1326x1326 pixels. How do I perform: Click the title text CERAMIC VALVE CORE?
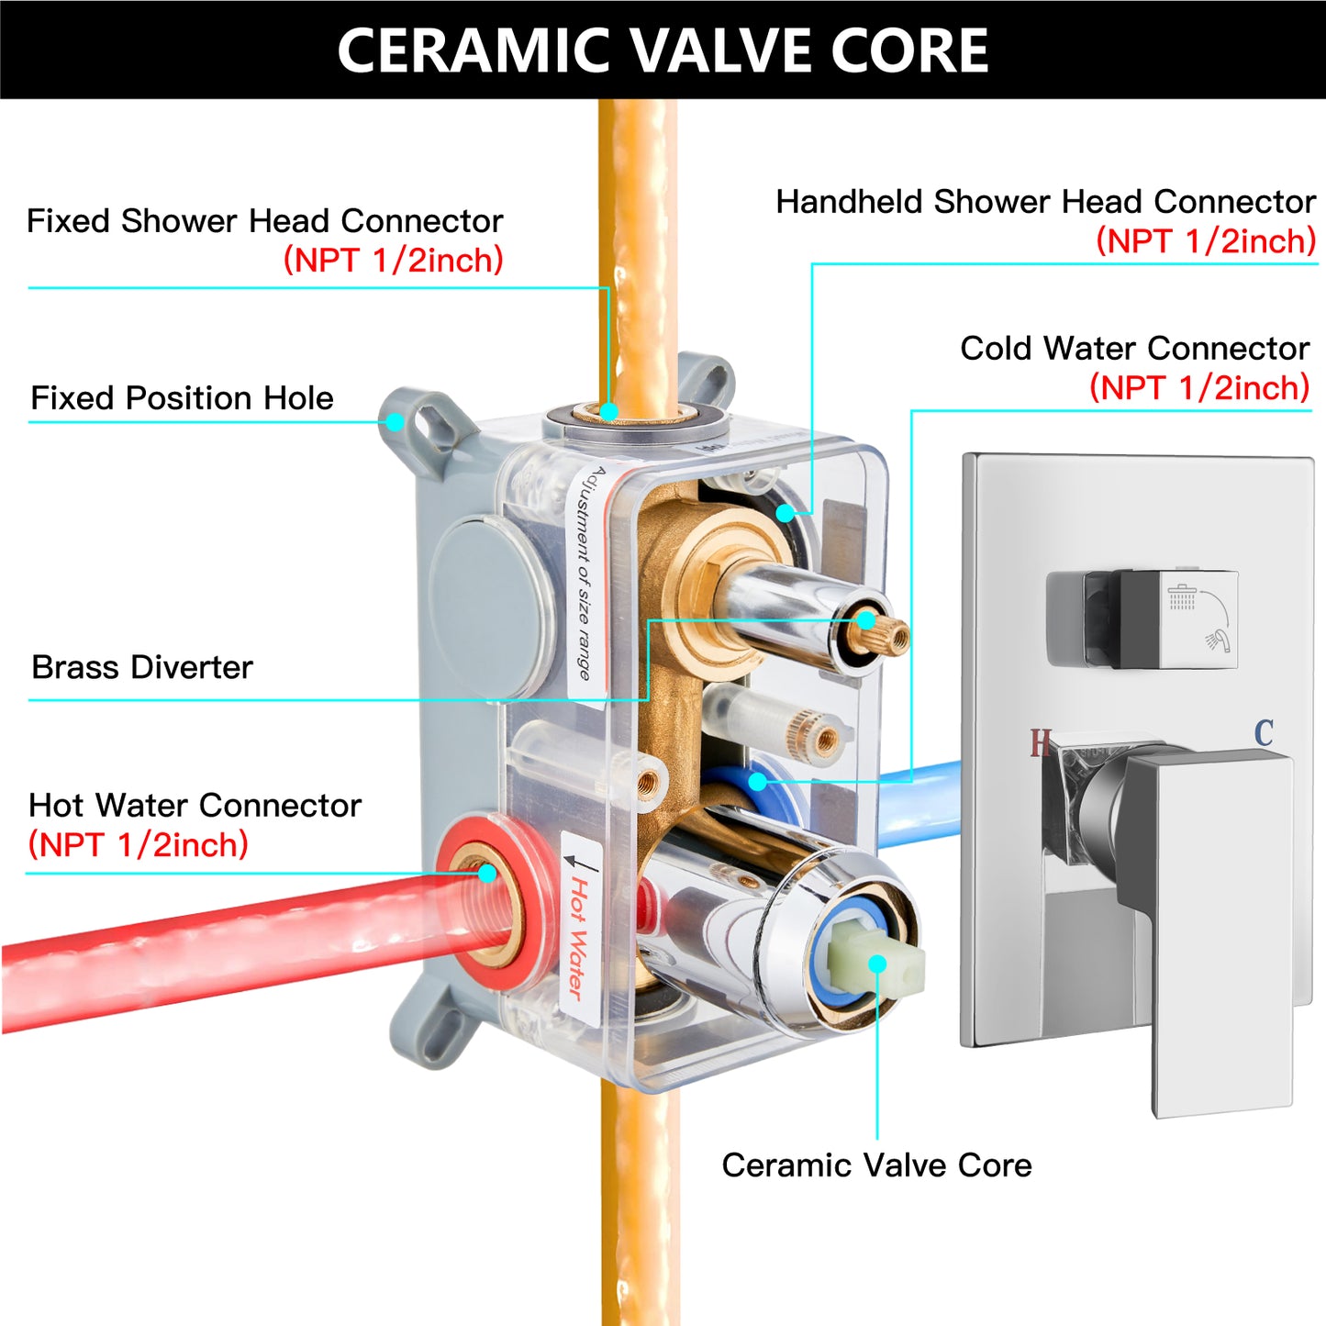pyautogui.click(x=663, y=50)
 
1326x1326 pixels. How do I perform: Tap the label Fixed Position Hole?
pyautogui.click(x=183, y=397)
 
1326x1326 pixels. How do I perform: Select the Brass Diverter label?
pyautogui.click(x=142, y=667)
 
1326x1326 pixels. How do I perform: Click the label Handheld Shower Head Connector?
pyautogui.click(x=1046, y=202)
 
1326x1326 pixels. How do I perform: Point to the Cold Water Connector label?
pyautogui.click(x=1135, y=348)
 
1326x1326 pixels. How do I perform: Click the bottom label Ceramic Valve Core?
pyautogui.click(x=876, y=1165)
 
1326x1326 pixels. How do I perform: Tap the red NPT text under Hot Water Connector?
pyautogui.click(x=138, y=844)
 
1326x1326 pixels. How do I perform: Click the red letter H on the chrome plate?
pyautogui.click(x=1040, y=742)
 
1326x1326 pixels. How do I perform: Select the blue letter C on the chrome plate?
pyautogui.click(x=1264, y=733)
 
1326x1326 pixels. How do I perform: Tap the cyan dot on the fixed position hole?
pyautogui.click(x=395, y=421)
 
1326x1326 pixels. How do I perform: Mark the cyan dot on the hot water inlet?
pyautogui.click(x=487, y=874)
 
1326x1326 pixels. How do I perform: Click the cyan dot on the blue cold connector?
pyautogui.click(x=758, y=782)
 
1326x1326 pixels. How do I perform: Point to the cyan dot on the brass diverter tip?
pyautogui.click(x=865, y=620)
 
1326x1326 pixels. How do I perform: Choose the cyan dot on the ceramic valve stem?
pyautogui.click(x=877, y=964)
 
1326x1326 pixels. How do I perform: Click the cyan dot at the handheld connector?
pyautogui.click(x=785, y=513)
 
